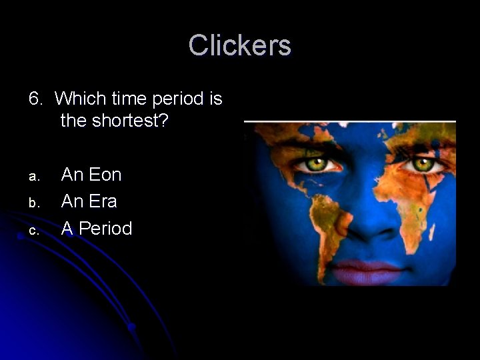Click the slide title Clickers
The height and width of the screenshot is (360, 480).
click(239, 45)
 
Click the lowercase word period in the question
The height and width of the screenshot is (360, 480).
click(177, 99)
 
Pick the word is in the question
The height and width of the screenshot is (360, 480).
click(215, 99)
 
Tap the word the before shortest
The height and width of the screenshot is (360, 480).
click(76, 121)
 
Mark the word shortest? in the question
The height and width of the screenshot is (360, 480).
click(133, 121)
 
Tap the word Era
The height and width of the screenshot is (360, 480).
click(103, 201)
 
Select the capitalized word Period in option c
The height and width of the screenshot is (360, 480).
click(105, 229)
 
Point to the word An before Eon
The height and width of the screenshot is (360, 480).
click(71, 175)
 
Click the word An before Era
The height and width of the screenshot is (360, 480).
click(71, 201)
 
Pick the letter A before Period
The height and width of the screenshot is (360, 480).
click(67, 229)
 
